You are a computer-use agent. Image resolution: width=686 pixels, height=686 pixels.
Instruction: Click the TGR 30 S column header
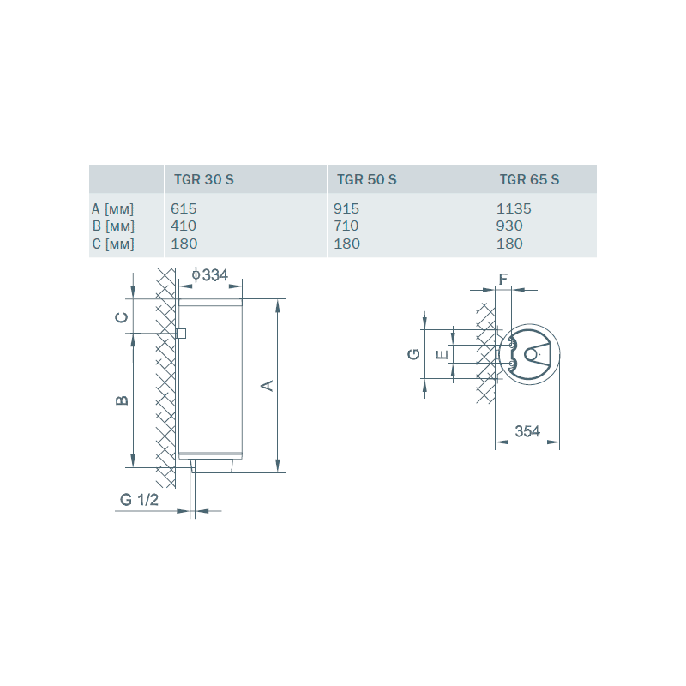204,179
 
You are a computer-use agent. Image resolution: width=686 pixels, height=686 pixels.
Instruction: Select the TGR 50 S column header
367,179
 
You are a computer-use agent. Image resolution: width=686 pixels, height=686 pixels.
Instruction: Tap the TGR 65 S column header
529,179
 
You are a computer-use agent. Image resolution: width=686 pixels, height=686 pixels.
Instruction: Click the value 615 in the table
184,208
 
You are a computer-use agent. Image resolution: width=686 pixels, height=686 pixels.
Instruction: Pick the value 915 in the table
346,208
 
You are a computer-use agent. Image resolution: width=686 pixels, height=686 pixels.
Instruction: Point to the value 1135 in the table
514,208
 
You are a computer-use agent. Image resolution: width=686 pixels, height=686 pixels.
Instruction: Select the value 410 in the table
184,226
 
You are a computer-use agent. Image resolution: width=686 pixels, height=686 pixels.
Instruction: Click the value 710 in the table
346,226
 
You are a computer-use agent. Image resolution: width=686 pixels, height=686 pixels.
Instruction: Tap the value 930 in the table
509,226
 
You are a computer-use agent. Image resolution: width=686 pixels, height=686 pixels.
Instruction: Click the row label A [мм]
113,209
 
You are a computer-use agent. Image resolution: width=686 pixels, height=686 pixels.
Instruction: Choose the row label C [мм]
113,244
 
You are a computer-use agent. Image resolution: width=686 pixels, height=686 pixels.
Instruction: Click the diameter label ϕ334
210,275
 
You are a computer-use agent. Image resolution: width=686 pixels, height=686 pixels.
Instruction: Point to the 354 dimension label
527,431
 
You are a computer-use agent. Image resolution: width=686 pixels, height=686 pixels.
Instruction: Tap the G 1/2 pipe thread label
139,500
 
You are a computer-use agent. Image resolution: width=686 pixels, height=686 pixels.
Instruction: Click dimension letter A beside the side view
268,385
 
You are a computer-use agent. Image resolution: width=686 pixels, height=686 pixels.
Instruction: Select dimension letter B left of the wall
122,400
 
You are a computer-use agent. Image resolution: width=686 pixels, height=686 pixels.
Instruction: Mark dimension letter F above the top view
503,279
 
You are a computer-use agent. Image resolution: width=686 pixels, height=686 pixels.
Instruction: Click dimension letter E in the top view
442,354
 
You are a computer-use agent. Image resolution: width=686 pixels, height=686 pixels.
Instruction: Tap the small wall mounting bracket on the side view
181,334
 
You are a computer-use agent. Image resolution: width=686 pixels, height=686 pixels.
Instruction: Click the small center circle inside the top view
531,354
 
